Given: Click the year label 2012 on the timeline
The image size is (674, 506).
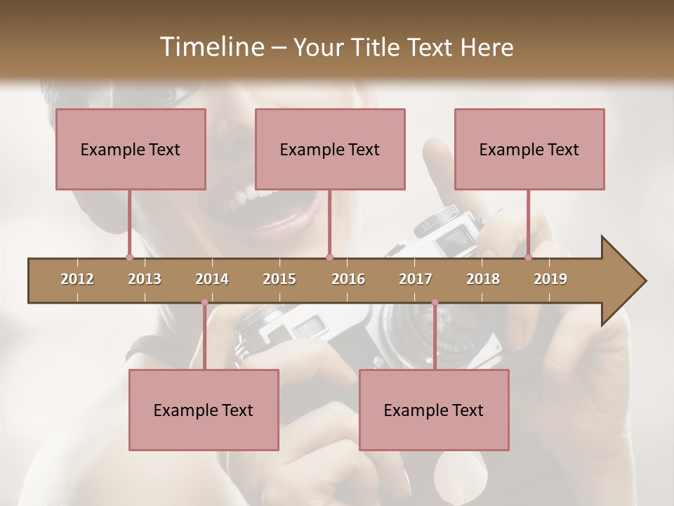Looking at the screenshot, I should [77, 279].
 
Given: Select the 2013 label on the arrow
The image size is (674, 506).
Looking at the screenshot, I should [145, 279].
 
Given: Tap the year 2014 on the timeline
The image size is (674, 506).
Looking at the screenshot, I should [212, 279].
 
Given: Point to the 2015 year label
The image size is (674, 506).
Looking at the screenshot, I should [279, 279].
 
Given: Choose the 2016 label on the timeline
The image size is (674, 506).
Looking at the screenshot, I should [348, 279].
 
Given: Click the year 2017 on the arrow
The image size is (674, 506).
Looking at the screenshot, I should [416, 279].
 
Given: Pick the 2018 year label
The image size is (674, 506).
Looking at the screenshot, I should [483, 279].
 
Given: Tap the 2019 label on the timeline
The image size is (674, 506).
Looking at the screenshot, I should [550, 279].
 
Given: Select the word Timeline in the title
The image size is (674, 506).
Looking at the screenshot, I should [211, 47].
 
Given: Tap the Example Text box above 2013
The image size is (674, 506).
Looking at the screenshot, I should [131, 149].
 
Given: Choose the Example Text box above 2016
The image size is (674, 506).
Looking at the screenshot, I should [330, 149].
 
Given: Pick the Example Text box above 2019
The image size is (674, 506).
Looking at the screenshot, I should [529, 149].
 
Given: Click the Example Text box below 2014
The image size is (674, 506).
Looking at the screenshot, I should [204, 410].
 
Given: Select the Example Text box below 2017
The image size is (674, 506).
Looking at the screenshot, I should [434, 410].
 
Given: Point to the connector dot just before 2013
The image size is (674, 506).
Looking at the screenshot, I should [129, 258].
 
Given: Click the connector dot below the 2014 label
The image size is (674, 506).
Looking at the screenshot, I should [204, 302].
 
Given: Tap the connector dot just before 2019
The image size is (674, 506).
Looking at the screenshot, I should [529, 258].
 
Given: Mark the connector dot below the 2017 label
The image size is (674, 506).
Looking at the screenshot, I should [435, 302].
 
